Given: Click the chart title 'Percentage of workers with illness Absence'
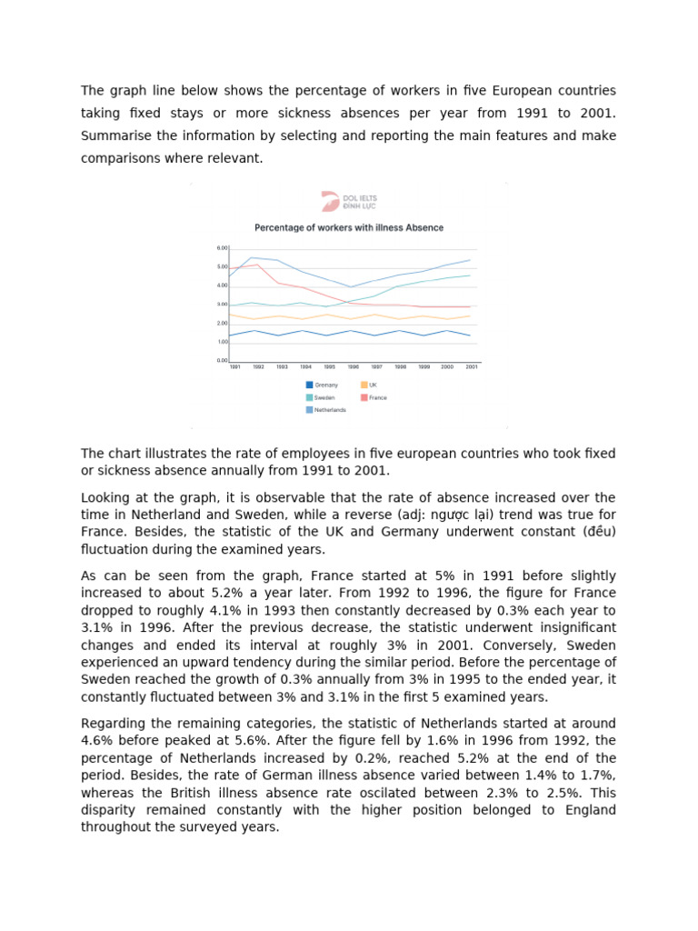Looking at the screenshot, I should point(349,227).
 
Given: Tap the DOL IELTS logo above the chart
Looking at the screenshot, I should point(349,202).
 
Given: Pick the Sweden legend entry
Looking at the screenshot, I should point(321,397).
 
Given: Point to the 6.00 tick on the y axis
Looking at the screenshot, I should point(222,248).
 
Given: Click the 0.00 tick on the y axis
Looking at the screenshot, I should point(222,361).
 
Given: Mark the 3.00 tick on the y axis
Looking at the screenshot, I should point(222,305).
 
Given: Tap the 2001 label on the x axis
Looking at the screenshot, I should point(470,366).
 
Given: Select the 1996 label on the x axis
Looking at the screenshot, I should point(353,366).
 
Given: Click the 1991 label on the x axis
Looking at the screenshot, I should point(234,366).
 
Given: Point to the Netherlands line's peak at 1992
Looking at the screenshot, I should point(253,258).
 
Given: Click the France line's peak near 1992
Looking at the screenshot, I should point(258,265).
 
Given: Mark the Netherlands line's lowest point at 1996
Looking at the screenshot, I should point(352,287).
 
